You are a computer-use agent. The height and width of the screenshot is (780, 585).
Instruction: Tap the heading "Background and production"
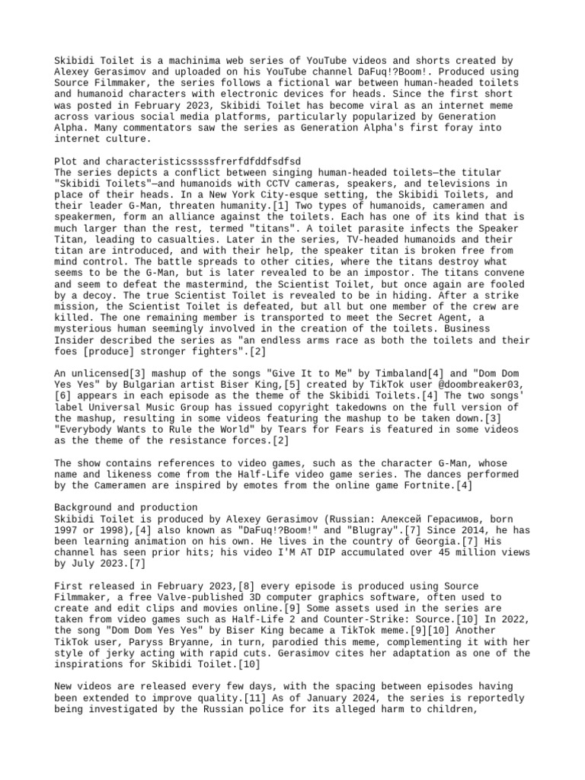click(126, 507)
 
